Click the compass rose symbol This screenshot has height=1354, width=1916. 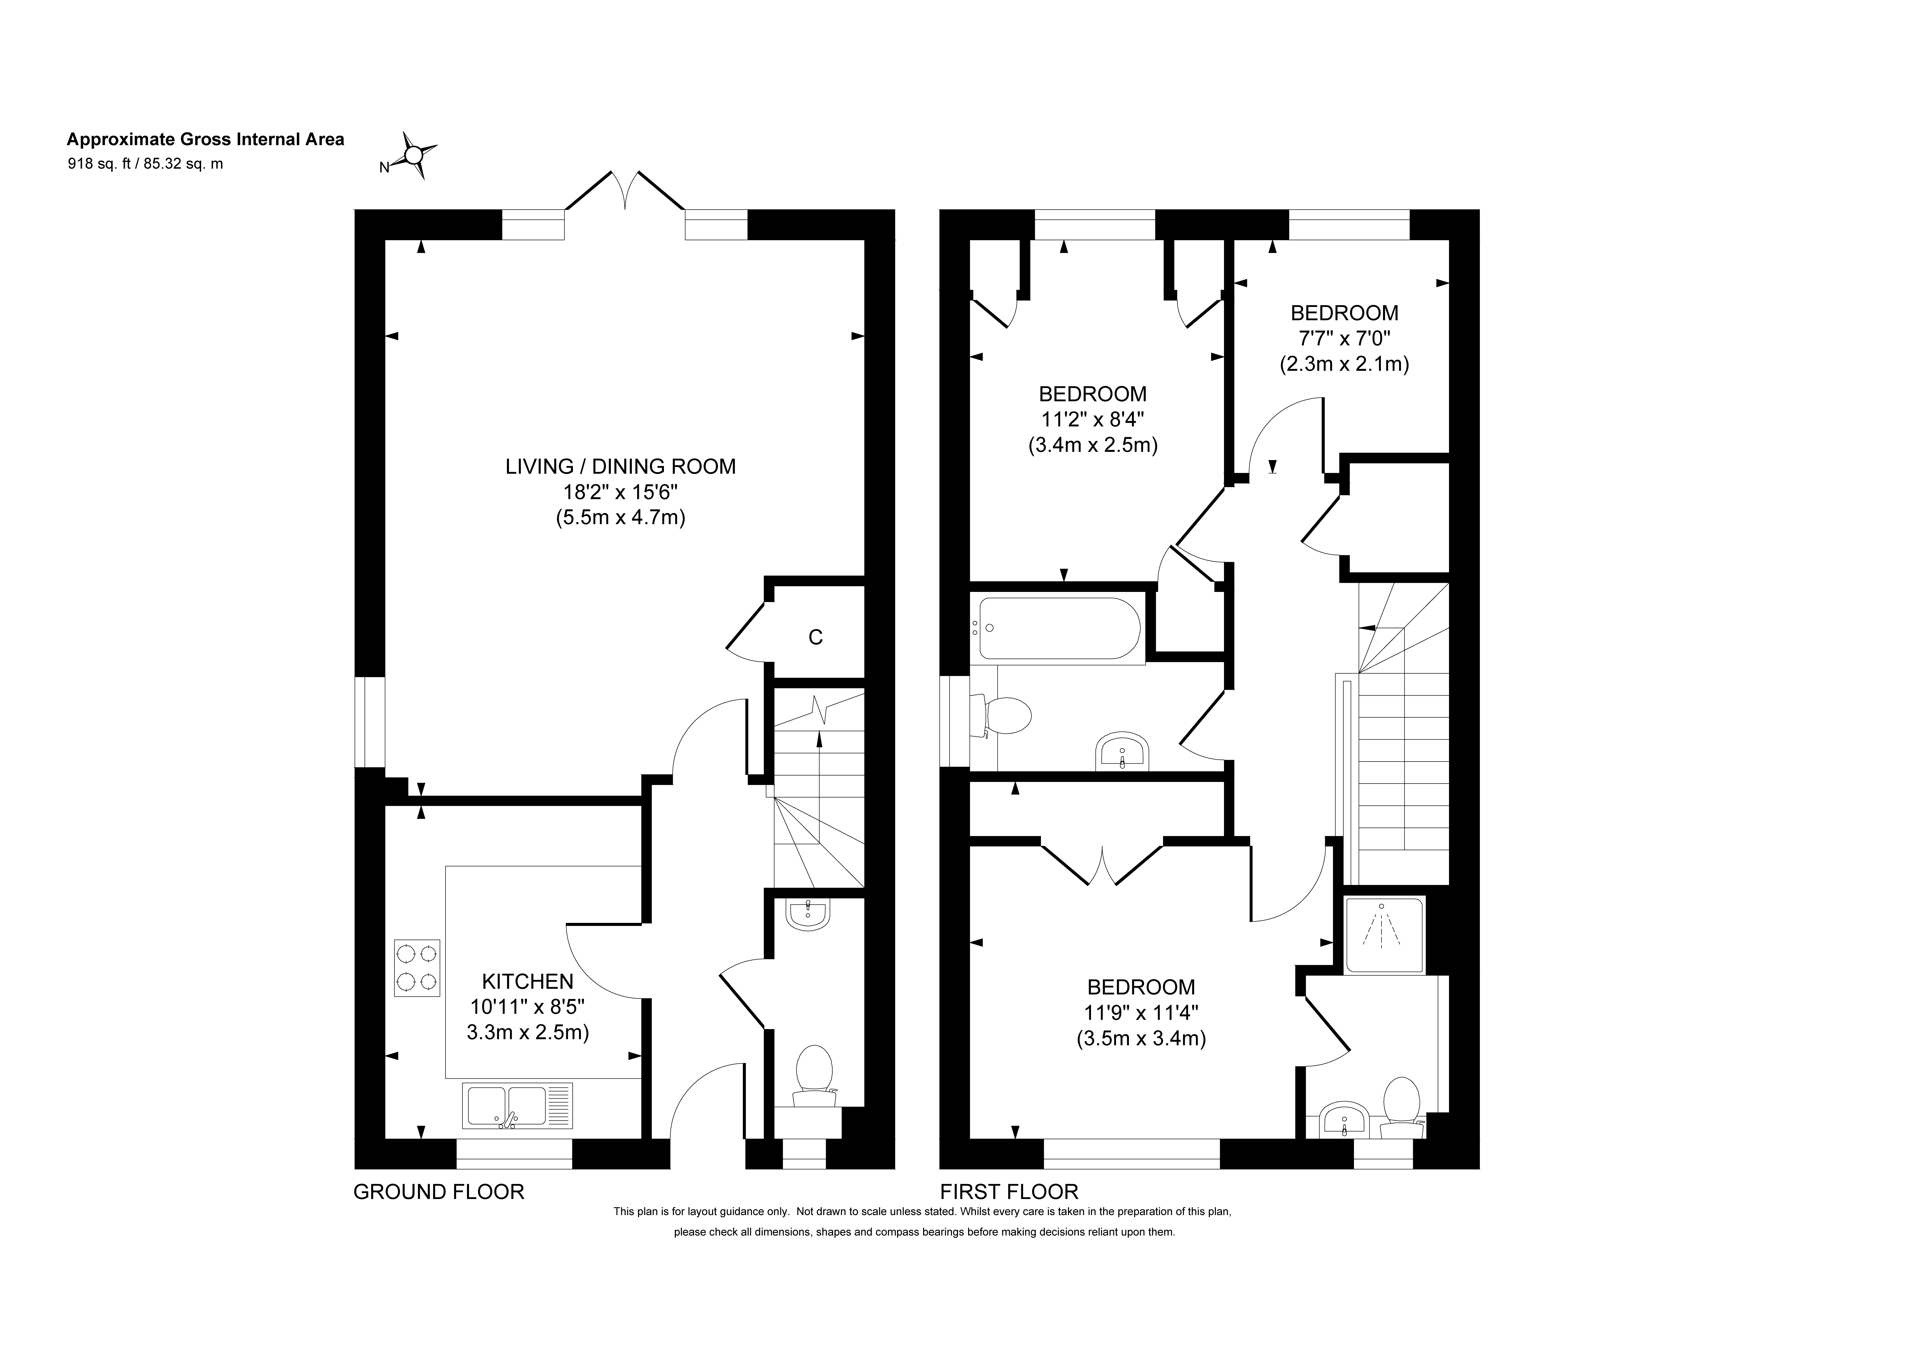pos(415,154)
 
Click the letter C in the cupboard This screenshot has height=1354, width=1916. pos(815,638)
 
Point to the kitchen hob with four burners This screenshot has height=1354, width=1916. pos(417,968)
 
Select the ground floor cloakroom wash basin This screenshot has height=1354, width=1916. pos(807,915)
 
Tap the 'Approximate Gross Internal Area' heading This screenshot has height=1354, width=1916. pos(205,139)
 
